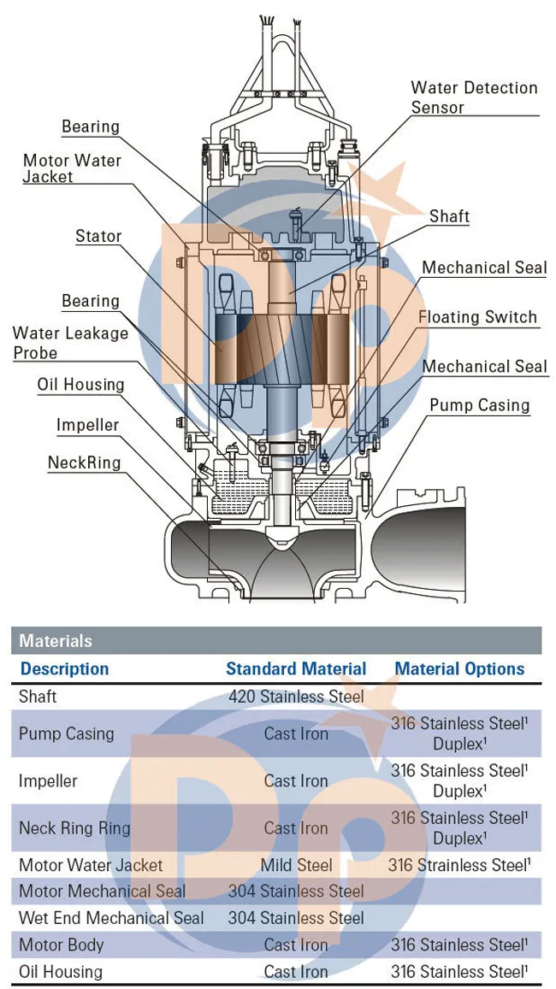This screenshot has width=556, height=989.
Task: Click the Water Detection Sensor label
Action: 474,97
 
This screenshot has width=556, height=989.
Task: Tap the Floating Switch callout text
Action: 477,317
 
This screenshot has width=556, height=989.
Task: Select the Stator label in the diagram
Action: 98,236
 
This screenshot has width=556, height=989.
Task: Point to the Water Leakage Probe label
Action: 70,343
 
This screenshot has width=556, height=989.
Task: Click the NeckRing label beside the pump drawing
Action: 84,462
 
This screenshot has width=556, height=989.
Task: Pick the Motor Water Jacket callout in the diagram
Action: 72,168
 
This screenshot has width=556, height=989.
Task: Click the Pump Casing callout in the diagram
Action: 479,405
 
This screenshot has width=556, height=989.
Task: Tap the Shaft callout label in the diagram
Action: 449,216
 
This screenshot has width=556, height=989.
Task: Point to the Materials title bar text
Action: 56,641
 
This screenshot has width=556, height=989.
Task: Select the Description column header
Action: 64,669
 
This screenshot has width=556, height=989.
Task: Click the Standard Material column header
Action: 296,669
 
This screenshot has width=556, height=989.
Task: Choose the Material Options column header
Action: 459,669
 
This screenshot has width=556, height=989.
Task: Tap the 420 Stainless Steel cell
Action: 296,697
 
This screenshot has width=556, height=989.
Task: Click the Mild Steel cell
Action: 296,865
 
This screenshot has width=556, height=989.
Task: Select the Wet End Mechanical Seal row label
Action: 111,918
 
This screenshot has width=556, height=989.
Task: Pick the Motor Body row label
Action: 61,945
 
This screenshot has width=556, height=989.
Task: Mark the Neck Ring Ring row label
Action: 74,828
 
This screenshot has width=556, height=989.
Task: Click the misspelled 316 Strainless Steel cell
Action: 458,865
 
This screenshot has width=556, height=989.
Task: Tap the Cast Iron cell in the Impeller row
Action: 296,781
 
